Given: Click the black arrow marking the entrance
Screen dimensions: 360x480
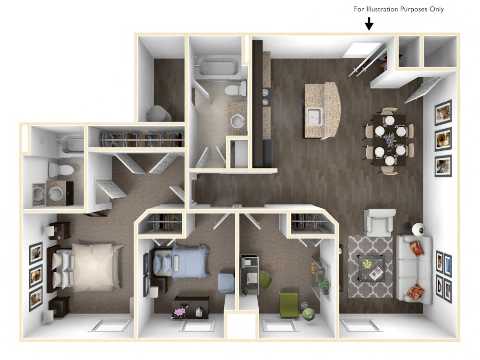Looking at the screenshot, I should [x=369, y=24].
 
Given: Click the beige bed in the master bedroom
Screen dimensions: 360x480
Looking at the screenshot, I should [x=91, y=267].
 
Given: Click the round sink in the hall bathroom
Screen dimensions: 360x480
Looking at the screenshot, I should [x=238, y=120].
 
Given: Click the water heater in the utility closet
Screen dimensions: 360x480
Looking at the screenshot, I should [x=159, y=114].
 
